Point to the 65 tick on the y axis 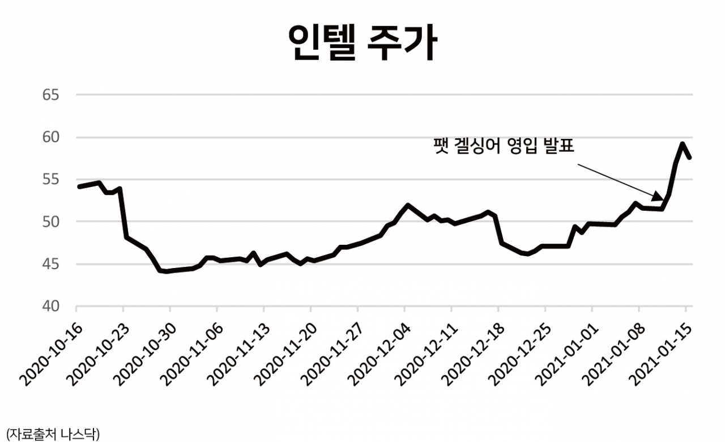point(51,95)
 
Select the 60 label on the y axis point(51,137)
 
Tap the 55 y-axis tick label point(51,180)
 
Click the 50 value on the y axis point(51,222)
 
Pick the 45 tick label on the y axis point(51,264)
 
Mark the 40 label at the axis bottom point(51,307)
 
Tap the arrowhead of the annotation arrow point(659,198)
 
